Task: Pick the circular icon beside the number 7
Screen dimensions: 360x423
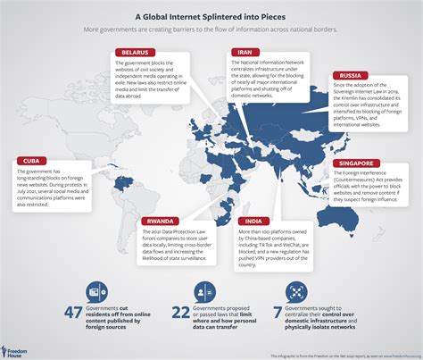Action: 294,291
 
